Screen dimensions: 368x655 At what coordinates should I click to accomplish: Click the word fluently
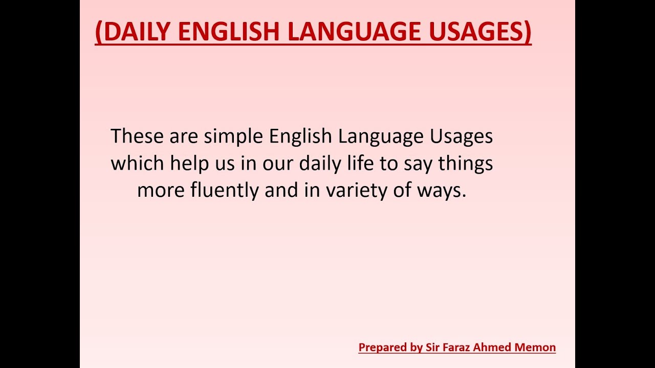click(x=225, y=191)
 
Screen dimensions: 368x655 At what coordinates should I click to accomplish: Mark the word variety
click(x=357, y=191)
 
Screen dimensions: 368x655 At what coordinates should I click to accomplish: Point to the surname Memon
click(x=536, y=348)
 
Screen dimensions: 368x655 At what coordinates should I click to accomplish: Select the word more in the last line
click(x=161, y=191)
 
